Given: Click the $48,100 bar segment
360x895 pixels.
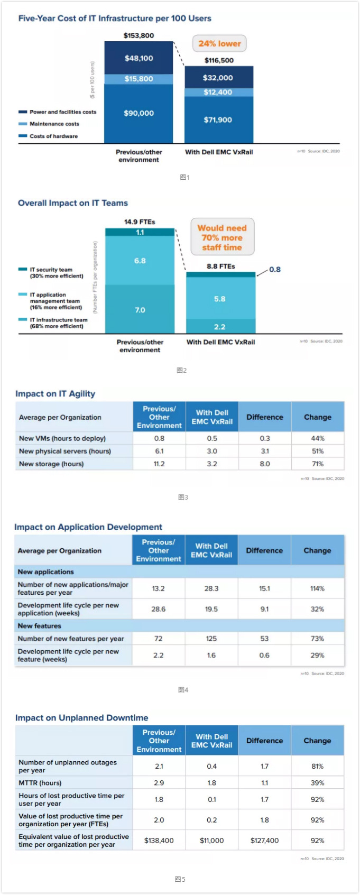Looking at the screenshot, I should [139, 58].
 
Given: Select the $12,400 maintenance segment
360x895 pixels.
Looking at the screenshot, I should [218, 93].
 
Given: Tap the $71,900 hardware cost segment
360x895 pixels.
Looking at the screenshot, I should [218, 120].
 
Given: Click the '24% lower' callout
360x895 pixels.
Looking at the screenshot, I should [219, 44].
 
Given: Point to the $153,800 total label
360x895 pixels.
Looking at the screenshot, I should [139, 35].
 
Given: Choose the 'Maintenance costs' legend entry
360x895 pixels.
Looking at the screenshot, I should [54, 124].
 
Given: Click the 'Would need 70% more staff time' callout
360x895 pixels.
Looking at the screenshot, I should [222, 237].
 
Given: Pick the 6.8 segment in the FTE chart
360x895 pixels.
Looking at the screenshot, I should [140, 261].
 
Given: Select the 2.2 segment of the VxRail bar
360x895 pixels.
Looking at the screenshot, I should [220, 327].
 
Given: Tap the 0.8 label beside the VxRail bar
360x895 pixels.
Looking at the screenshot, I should [275, 270].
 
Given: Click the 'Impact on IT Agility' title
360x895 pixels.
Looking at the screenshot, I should [55, 394].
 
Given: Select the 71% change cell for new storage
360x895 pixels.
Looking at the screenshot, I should [318, 464].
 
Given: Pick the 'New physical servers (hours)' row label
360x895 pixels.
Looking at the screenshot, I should [65, 451].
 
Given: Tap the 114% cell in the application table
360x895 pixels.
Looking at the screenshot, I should [317, 588].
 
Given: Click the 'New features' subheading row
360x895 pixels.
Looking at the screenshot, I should [40, 626].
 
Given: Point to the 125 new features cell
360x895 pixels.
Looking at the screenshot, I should [211, 639].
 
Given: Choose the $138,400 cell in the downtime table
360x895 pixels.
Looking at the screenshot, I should [159, 841].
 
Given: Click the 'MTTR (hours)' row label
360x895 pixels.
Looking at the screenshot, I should [40, 783].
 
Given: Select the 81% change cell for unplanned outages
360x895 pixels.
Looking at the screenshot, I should [317, 766].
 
